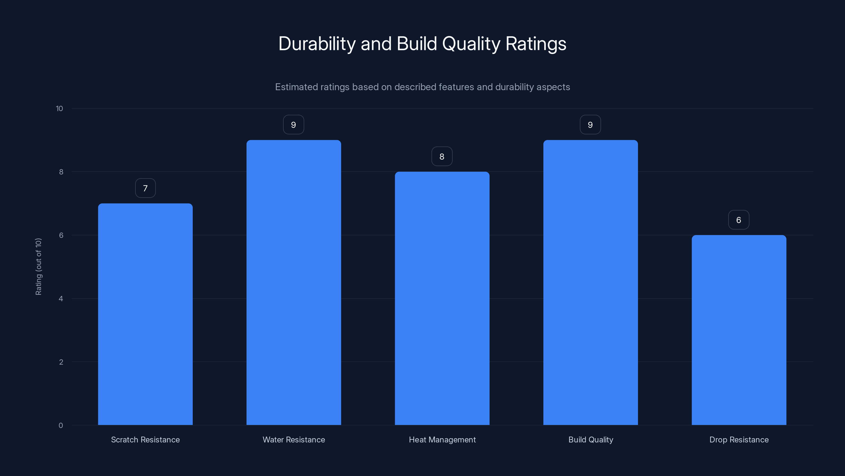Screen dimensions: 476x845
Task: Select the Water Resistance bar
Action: (x=294, y=282)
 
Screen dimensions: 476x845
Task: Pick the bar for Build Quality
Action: (x=590, y=282)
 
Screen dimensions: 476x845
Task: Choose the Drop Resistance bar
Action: (x=739, y=330)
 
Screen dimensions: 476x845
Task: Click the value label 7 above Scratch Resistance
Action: (x=145, y=188)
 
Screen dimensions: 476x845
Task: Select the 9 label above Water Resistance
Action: (x=294, y=125)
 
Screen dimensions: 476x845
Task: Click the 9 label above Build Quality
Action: (x=590, y=125)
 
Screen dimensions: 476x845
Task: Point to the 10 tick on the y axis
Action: (x=59, y=109)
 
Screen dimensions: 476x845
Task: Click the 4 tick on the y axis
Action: (x=61, y=299)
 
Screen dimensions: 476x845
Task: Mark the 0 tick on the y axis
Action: (x=61, y=425)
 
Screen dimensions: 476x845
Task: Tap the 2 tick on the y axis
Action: (x=61, y=362)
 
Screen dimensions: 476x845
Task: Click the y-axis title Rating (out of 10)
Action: (x=38, y=267)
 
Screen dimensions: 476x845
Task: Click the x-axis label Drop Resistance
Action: (x=739, y=440)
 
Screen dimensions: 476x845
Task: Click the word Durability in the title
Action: (x=317, y=44)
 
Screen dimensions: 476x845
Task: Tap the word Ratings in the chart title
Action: (x=536, y=44)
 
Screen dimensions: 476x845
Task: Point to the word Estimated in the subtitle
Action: (x=296, y=87)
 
